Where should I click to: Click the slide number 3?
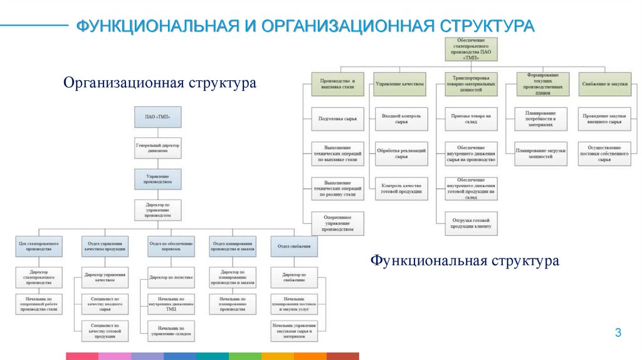click(x=618, y=333)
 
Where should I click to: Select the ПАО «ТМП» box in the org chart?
click(x=157, y=117)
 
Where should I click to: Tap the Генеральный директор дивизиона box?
click(x=157, y=148)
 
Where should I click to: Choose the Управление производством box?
click(x=157, y=179)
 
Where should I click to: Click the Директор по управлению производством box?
click(x=157, y=210)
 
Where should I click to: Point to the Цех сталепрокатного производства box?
click(x=39, y=246)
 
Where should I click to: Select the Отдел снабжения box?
click(x=294, y=246)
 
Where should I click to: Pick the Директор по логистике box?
click(x=171, y=276)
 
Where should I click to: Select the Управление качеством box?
click(x=400, y=83)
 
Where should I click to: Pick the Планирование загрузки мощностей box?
click(x=540, y=154)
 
